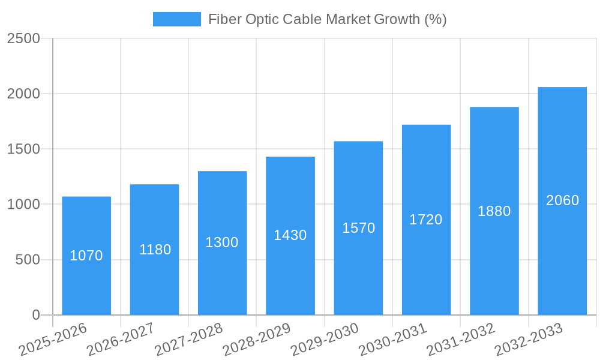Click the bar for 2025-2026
point(86,282)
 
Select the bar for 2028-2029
point(290,270)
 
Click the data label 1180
point(155,250)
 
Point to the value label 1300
point(222,242)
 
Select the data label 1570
point(358,228)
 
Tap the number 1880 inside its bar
point(494,211)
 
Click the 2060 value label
point(562,200)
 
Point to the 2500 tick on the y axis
point(23,39)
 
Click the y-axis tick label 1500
point(23,149)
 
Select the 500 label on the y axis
point(28,260)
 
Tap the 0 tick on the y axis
point(35,315)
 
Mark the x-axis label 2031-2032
point(461,340)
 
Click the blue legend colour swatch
point(176,19)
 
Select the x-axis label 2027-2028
point(189,340)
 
